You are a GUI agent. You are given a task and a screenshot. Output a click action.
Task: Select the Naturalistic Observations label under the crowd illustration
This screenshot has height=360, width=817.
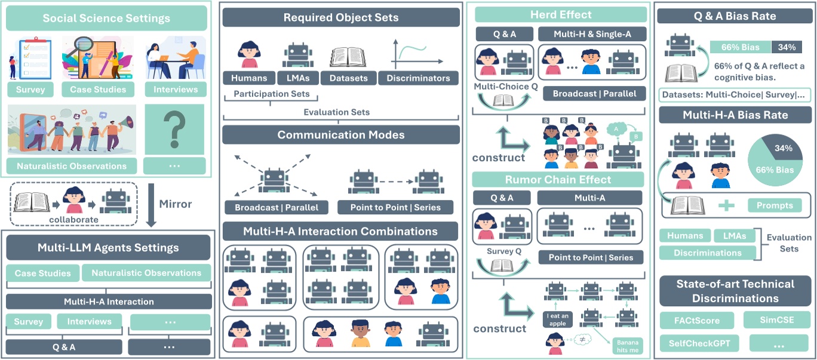tap(72, 166)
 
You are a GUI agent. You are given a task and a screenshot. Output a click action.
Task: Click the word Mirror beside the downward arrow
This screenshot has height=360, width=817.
tap(175, 204)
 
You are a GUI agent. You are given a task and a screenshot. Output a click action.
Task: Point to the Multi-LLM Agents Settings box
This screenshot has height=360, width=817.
tap(108, 247)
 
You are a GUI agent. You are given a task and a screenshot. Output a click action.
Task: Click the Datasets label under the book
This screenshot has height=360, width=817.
tap(349, 78)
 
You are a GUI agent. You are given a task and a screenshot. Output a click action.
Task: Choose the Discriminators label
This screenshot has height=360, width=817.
tap(419, 78)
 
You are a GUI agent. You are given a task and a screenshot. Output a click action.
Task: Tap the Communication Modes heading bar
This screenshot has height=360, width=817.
tap(340, 135)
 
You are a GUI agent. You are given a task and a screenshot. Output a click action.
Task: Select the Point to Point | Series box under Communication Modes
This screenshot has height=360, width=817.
tap(395, 207)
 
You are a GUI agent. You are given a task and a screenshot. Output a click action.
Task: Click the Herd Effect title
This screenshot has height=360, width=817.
tap(561, 15)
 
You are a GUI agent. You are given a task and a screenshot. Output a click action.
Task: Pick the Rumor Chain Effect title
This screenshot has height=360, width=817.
tap(558, 180)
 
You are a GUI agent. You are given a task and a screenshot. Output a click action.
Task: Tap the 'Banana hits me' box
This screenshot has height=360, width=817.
tap(627, 346)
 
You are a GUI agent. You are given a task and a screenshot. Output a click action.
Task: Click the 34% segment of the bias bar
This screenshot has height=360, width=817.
tap(787, 47)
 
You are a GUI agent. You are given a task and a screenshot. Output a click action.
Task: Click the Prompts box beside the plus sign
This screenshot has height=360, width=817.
tap(774, 205)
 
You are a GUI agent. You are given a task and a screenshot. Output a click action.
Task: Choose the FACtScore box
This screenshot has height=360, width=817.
tap(693, 321)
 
